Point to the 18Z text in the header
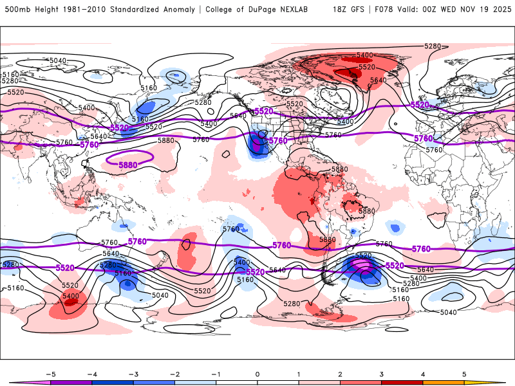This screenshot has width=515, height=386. coord(340,10)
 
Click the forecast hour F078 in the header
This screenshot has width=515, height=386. coord(388,10)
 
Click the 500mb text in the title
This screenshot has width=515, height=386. coord(16,10)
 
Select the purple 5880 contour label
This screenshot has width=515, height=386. coord(127,165)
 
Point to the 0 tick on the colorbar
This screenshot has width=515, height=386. coord(257,373)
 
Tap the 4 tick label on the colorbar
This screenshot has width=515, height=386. coord(423,373)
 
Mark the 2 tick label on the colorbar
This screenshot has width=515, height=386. coord(340,373)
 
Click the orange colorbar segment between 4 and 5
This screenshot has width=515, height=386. coord(444,382)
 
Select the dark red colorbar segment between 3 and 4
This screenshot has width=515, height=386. coord(402,382)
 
